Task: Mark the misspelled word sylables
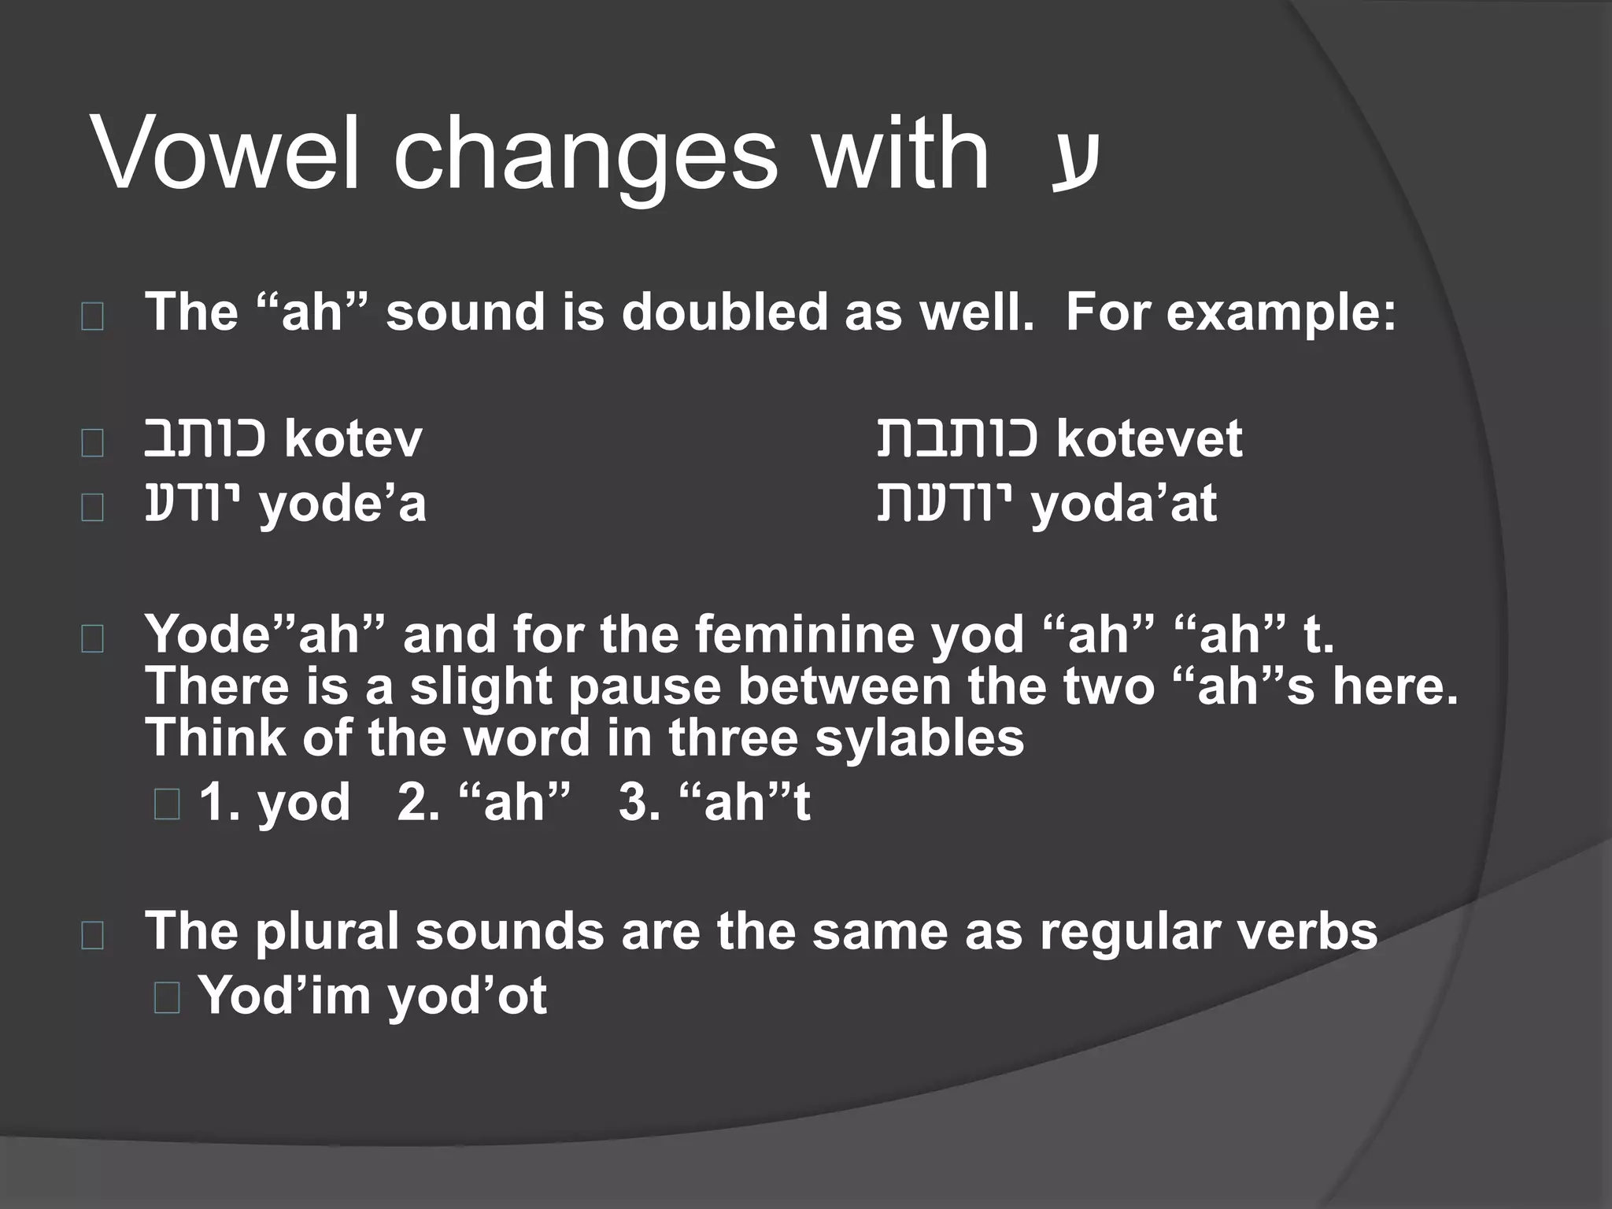click(x=919, y=738)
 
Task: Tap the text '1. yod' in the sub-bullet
click(x=274, y=803)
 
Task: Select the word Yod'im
click(x=284, y=996)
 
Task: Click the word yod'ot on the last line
click(x=467, y=996)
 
